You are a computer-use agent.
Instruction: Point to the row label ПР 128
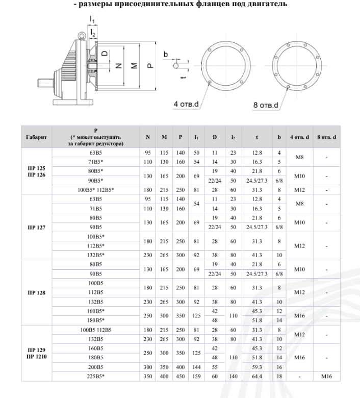36,293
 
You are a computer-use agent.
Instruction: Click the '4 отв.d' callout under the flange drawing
187,105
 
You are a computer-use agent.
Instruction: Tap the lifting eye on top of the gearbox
80,36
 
